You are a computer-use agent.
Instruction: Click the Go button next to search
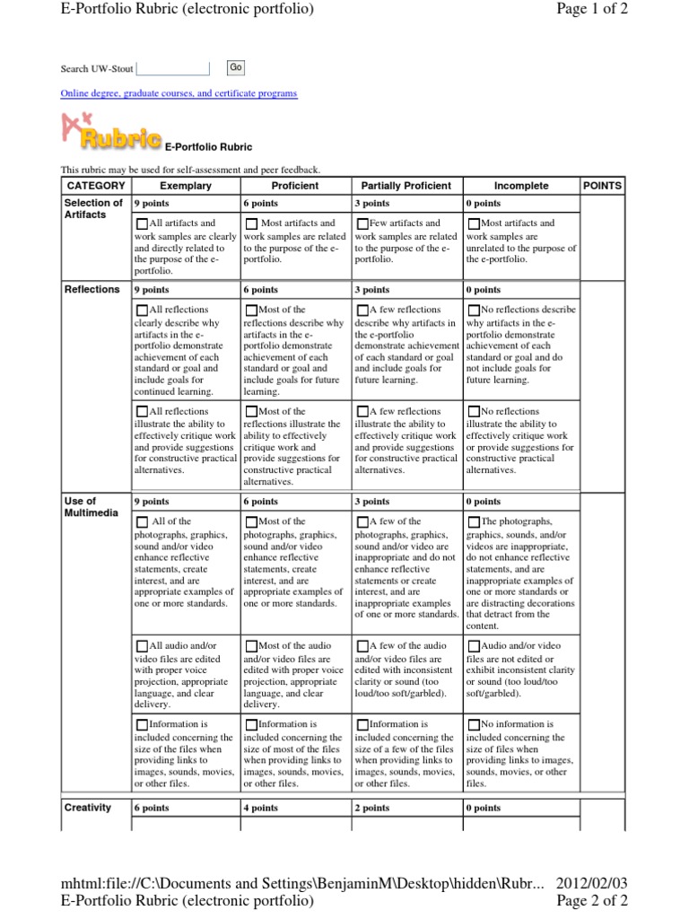pyautogui.click(x=235, y=67)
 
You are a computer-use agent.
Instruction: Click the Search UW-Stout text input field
pyautogui.click(x=172, y=68)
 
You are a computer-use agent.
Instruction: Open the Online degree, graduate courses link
pyautogui.click(x=179, y=93)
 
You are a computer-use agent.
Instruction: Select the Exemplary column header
pyautogui.click(x=186, y=186)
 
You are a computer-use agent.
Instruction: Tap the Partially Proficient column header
pyautogui.click(x=406, y=186)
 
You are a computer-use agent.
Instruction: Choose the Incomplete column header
pyautogui.click(x=519, y=186)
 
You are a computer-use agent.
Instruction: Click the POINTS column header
pyautogui.click(x=602, y=186)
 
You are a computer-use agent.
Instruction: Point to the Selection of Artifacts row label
pyautogui.click(x=93, y=209)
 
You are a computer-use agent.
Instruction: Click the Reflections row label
pyautogui.click(x=92, y=290)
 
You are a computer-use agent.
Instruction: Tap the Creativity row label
pyautogui.click(x=88, y=808)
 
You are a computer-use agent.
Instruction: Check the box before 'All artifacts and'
pyautogui.click(x=143, y=223)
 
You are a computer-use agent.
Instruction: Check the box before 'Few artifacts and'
pyautogui.click(x=362, y=223)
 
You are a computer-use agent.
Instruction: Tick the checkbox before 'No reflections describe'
pyautogui.click(x=474, y=311)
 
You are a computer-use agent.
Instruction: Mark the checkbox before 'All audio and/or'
pyautogui.click(x=143, y=646)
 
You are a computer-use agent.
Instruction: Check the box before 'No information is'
pyautogui.click(x=474, y=724)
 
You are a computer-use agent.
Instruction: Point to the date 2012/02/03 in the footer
pyautogui.click(x=592, y=883)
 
